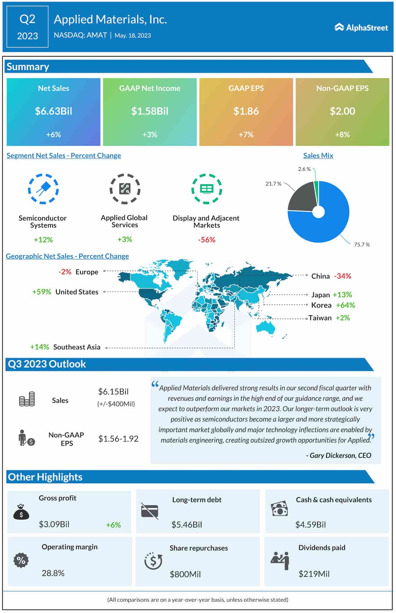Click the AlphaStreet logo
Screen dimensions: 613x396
tap(361, 28)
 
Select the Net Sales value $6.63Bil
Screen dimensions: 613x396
tap(54, 111)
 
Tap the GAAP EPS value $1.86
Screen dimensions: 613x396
tap(246, 111)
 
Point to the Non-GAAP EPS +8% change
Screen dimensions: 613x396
tap(342, 135)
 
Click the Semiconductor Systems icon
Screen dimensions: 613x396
tap(43, 189)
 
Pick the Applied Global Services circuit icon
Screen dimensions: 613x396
tap(125, 189)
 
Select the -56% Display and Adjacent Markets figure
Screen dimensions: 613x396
tap(207, 240)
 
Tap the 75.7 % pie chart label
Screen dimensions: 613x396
tap(362, 244)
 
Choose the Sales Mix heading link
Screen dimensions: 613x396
tap(318, 155)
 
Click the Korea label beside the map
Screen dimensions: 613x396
tap(321, 305)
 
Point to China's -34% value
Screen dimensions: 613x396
tap(342, 276)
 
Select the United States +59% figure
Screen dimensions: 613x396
tap(42, 292)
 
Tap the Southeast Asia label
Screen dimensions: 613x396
tap(77, 347)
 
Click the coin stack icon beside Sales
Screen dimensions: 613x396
tap(27, 399)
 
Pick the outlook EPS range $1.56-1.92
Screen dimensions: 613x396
tap(118, 439)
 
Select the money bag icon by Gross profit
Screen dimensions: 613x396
tap(21, 512)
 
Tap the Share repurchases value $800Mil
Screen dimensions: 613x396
tap(185, 574)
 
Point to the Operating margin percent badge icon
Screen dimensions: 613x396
tap(21, 560)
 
